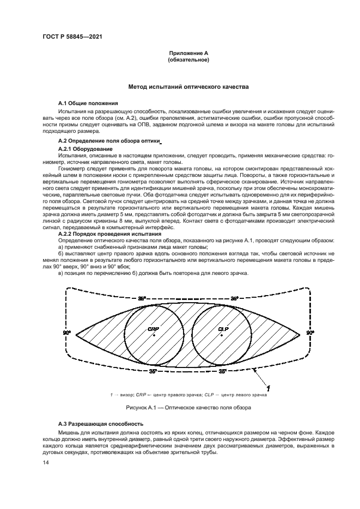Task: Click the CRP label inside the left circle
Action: point(152,330)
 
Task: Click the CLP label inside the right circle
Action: point(222,330)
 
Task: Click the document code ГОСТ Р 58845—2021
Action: point(68,36)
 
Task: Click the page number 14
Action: point(46,462)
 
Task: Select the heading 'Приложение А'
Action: point(188,53)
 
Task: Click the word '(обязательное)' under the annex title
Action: point(188,60)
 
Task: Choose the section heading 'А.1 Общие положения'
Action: point(88,103)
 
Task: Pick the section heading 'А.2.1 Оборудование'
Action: point(85,149)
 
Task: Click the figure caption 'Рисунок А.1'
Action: point(143,407)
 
